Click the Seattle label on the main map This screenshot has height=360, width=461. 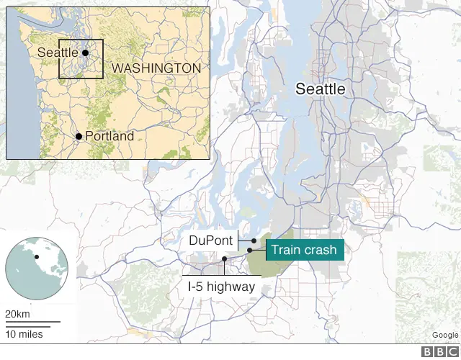[x=321, y=89]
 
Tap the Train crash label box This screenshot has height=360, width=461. [x=305, y=251]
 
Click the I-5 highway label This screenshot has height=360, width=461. [x=221, y=286]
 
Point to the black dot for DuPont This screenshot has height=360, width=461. [x=254, y=241]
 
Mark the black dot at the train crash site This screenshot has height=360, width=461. [x=249, y=251]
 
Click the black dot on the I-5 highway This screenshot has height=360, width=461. [x=225, y=259]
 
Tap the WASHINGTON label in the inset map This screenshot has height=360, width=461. [x=156, y=68]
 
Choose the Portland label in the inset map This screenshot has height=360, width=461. [x=109, y=136]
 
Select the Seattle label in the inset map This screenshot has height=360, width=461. [x=58, y=53]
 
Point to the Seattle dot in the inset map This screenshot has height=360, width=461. [x=85, y=53]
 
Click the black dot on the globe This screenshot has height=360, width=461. [x=35, y=257]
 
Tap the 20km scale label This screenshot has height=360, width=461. [x=17, y=314]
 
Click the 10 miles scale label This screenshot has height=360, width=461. [x=24, y=334]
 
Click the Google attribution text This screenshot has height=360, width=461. [x=444, y=335]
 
